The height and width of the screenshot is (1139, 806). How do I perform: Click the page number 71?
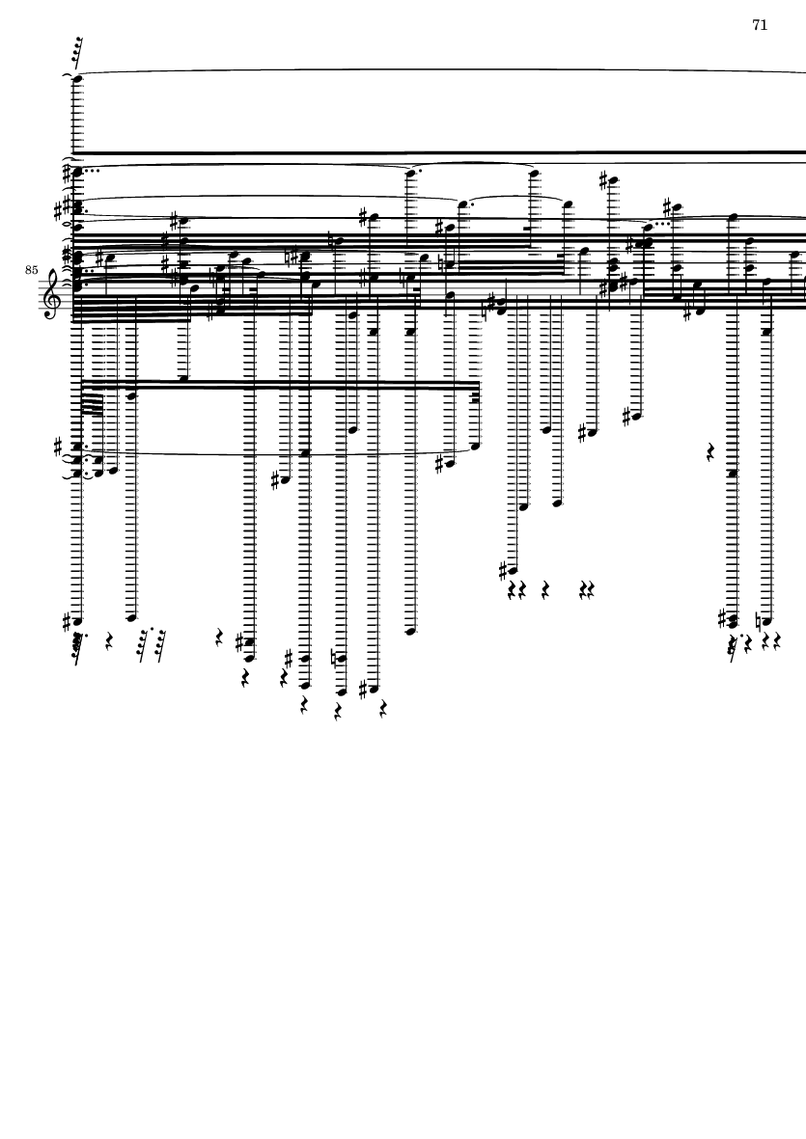click(x=760, y=25)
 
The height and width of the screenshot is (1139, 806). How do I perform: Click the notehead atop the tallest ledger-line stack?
click(x=76, y=79)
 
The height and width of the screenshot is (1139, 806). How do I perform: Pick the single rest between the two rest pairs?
click(x=545, y=587)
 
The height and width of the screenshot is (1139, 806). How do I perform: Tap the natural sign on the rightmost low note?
click(x=760, y=621)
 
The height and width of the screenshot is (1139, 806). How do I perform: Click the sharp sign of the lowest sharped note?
click(x=365, y=689)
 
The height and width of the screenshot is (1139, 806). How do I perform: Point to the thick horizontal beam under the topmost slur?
click(x=434, y=152)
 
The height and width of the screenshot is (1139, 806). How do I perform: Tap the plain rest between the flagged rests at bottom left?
click(x=109, y=639)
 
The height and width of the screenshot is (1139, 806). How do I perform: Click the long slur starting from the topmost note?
click(x=434, y=70)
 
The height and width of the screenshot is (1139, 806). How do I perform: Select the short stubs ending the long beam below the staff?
click(x=476, y=400)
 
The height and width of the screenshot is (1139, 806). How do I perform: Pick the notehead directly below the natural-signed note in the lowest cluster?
click(x=341, y=692)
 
